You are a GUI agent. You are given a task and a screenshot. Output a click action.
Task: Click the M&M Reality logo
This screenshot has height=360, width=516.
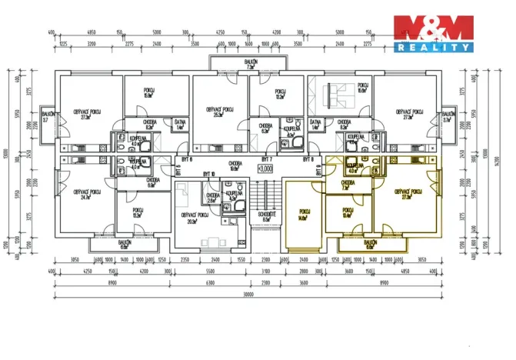click(433, 34)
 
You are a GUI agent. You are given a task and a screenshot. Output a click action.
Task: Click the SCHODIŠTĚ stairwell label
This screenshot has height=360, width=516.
click(267, 217)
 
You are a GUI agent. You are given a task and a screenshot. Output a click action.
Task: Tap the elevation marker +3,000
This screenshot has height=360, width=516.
click(266, 168)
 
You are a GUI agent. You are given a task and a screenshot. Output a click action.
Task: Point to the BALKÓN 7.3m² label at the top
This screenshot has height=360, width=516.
click(251, 65)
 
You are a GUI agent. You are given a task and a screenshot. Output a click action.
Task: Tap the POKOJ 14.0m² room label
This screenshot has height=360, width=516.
click(303, 215)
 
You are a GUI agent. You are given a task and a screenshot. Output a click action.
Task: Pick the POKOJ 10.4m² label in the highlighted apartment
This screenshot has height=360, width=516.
click(348, 212)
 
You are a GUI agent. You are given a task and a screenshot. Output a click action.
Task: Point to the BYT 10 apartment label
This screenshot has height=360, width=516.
click(208, 175)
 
